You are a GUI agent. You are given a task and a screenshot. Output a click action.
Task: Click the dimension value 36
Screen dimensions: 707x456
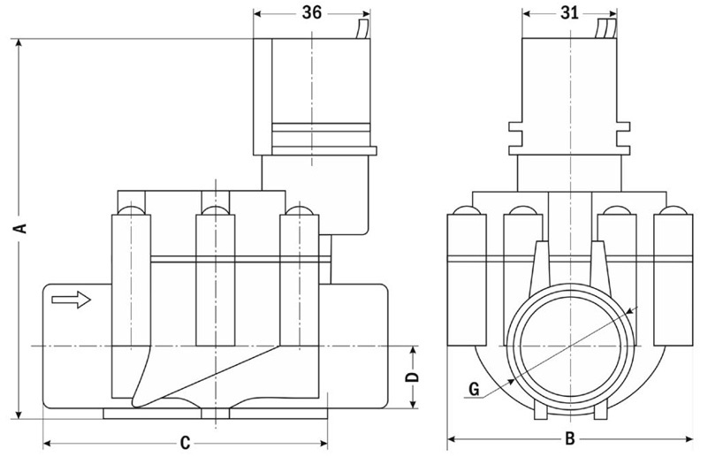(x=312, y=12)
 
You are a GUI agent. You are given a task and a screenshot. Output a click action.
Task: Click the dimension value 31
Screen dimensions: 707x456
(x=569, y=12)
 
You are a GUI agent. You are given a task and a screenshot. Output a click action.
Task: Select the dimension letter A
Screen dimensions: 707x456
(x=19, y=228)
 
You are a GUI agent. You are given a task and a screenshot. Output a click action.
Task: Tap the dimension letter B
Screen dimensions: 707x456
(x=570, y=438)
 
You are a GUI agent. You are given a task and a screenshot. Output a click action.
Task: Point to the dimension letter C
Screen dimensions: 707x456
(x=185, y=444)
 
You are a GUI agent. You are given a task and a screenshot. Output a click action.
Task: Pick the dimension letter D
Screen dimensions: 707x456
(x=413, y=377)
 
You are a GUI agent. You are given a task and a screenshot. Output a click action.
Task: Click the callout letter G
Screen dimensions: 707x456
(x=474, y=389)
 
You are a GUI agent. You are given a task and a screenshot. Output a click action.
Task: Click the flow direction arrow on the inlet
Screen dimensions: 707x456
(x=72, y=300)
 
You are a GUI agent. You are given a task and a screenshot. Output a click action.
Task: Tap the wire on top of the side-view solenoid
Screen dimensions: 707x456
(x=362, y=29)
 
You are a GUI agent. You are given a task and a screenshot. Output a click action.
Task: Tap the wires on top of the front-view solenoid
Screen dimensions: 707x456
(x=606, y=29)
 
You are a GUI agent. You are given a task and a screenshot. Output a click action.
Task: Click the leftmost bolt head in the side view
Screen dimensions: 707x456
(x=131, y=210)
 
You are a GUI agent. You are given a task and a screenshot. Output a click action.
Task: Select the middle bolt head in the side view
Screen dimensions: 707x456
(x=215, y=210)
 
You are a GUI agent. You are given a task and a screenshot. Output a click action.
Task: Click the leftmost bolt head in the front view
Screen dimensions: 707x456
(x=467, y=210)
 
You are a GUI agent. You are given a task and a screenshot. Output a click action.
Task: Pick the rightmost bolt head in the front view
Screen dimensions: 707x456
(x=673, y=210)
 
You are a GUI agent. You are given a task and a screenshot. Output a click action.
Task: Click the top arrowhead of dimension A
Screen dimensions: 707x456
(x=19, y=42)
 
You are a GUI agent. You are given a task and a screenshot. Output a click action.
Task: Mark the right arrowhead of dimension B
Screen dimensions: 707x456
(x=688, y=438)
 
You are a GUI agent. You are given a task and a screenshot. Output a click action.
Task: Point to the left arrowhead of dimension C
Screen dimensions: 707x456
(x=48, y=444)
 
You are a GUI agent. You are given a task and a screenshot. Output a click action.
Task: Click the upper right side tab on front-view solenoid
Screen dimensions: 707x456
(x=623, y=126)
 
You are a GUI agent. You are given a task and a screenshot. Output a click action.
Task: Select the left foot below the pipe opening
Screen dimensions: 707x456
(x=540, y=409)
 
